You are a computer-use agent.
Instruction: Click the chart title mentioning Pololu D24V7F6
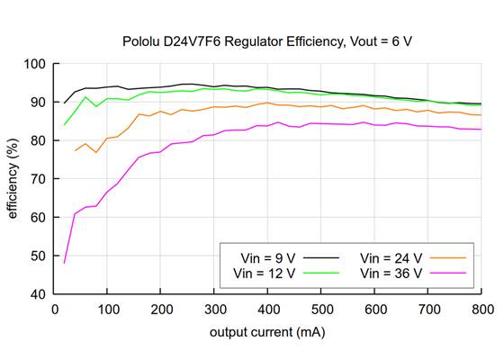(267, 41)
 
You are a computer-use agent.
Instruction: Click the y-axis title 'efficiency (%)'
(15, 178)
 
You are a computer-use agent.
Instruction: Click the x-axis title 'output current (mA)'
(267, 333)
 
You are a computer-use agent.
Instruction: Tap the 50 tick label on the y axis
(40, 256)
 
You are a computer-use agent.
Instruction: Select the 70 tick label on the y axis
(40, 179)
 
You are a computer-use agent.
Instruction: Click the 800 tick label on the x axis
(481, 309)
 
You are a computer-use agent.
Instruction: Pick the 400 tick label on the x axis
(267, 309)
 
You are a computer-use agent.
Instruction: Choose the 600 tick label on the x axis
(374, 309)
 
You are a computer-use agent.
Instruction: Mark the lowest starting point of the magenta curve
(64, 263)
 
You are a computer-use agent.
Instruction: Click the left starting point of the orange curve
(75, 150)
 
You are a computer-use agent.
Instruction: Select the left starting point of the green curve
(64, 125)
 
